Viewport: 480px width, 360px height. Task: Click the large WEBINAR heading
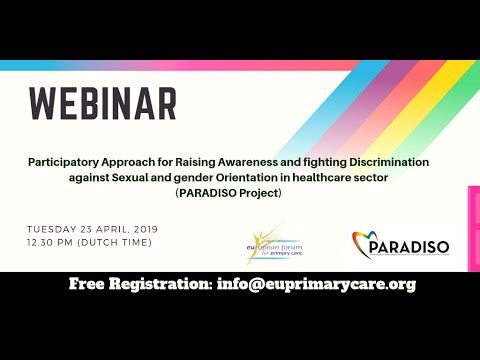click(x=102, y=103)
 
